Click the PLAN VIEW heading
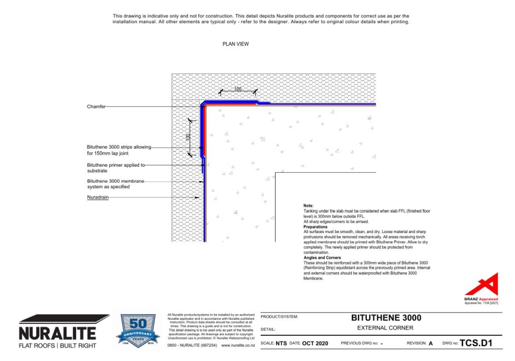click(x=235, y=44)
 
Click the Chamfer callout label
click(x=96, y=107)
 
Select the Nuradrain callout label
click(x=98, y=197)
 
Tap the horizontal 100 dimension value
click(x=237, y=89)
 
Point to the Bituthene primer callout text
click(x=116, y=168)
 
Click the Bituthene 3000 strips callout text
click(x=119, y=150)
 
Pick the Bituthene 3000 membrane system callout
click(x=115, y=184)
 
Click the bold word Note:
click(x=308, y=206)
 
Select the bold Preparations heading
click(x=315, y=227)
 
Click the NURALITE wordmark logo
click(x=57, y=333)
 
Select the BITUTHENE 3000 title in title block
click(x=386, y=318)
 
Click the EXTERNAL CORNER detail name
click(x=385, y=328)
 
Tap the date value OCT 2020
click(x=315, y=343)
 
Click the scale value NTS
click(x=281, y=343)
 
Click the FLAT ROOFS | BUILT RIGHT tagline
click(x=57, y=345)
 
